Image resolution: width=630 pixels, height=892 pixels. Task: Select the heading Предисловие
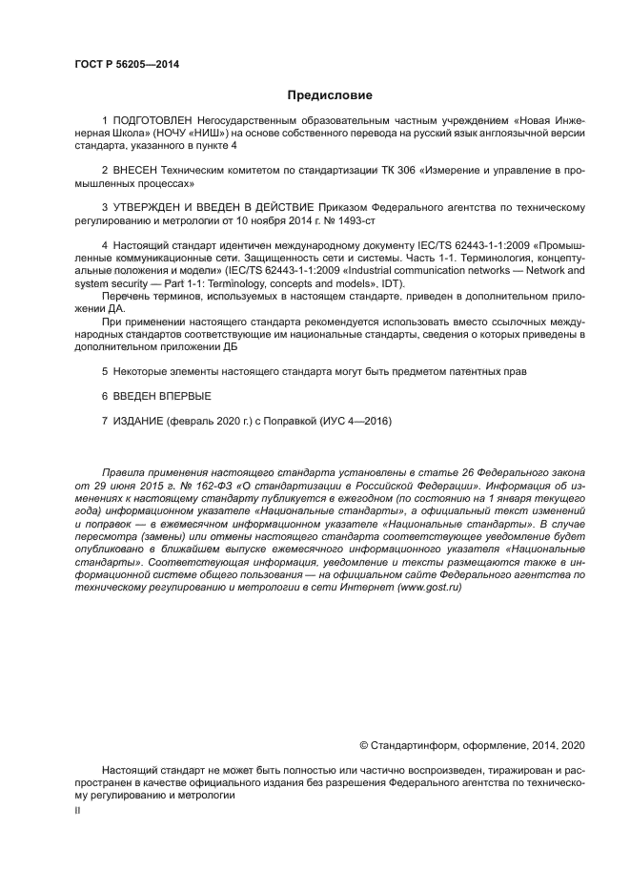coord(330,95)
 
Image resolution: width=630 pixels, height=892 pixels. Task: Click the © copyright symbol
coord(363,744)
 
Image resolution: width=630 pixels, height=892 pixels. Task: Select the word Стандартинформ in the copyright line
coord(413,744)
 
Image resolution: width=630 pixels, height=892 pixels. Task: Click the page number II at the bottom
coord(77,808)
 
